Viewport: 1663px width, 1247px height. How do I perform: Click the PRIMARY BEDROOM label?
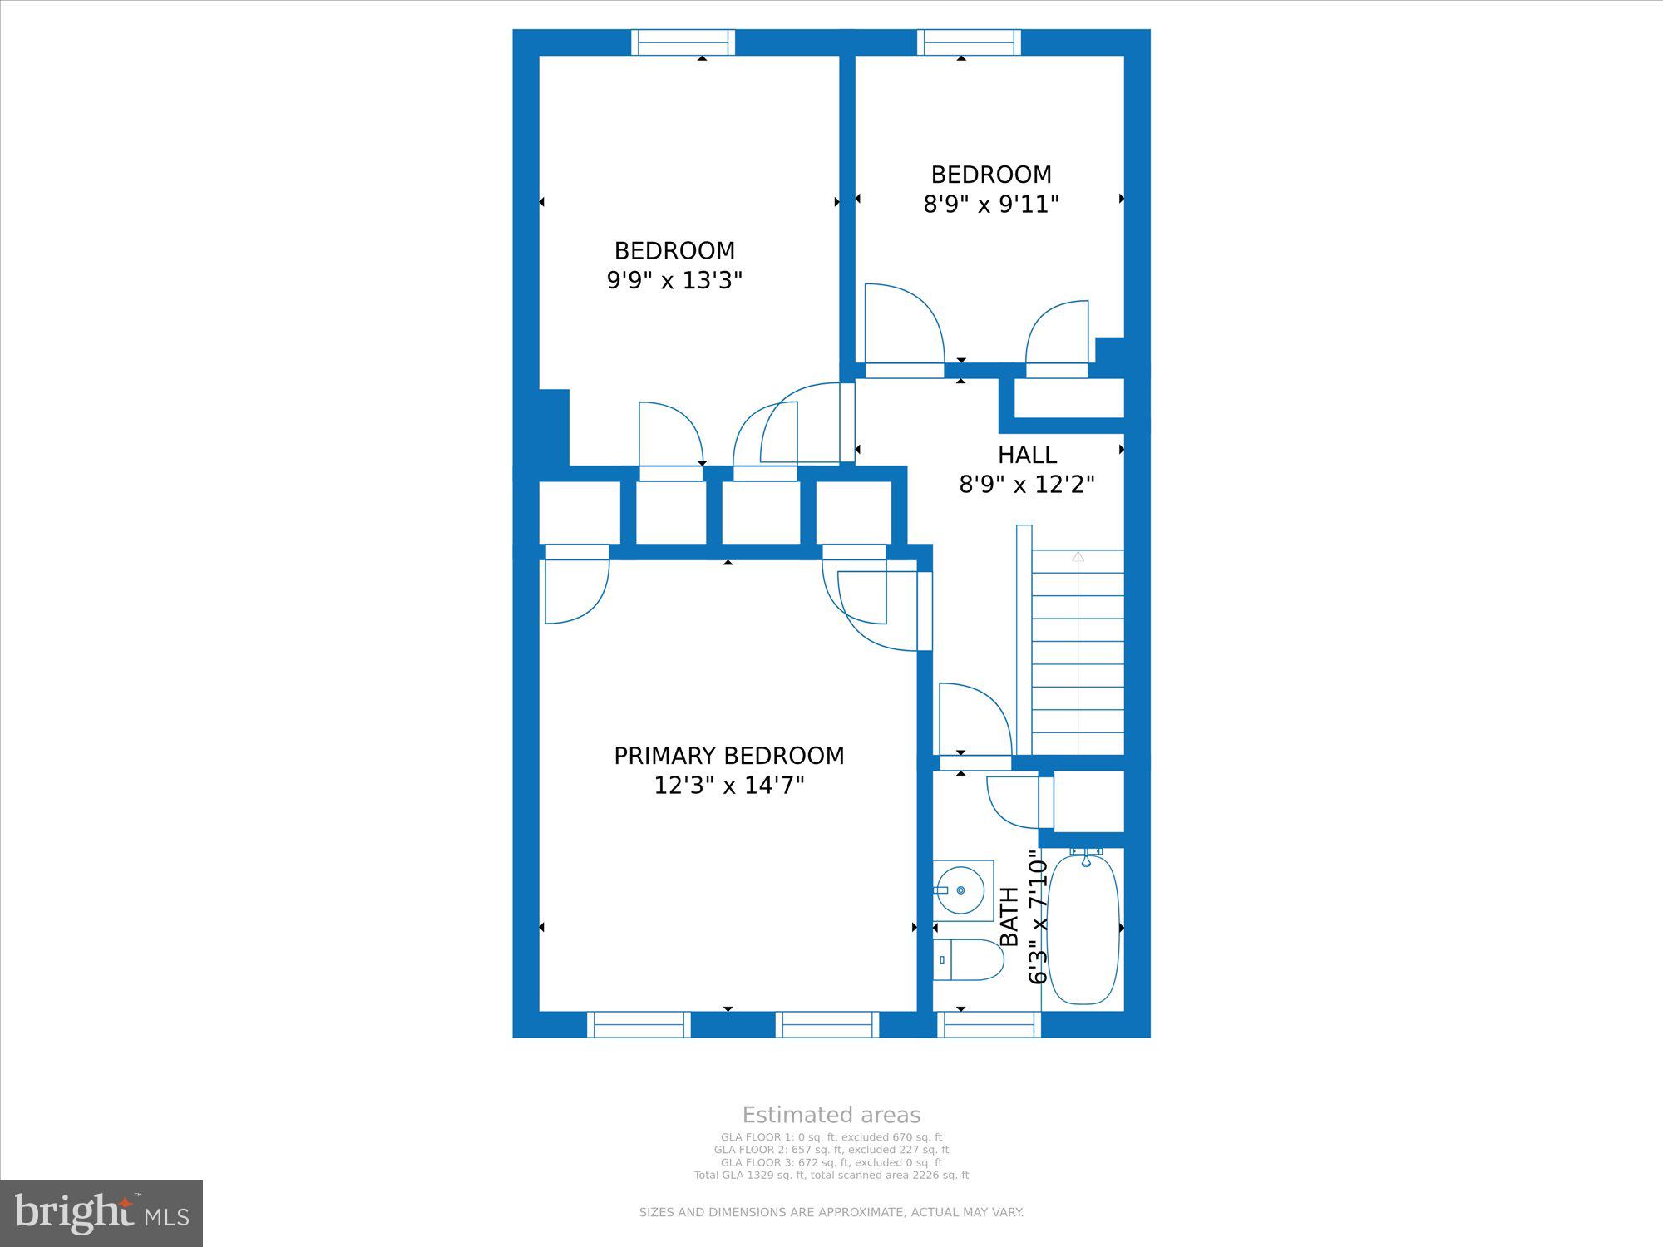coord(729,756)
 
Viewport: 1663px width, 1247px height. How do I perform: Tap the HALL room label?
coord(1027,455)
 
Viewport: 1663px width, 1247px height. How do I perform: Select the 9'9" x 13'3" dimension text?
coord(674,280)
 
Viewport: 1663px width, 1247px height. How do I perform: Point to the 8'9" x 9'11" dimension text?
coord(991,204)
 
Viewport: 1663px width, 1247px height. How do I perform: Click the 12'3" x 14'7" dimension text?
coord(729,786)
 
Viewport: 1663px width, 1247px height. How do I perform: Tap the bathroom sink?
coord(963,890)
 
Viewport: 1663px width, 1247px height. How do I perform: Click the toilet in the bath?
coord(968,960)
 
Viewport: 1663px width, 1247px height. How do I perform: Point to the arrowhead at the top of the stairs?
coord(1078,556)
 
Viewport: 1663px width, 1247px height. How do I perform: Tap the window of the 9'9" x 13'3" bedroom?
coord(683,42)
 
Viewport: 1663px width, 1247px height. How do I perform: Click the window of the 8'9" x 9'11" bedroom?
coord(969,42)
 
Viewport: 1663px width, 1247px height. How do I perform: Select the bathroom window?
coord(989,1024)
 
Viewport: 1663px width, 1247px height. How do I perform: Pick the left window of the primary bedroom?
coord(639,1024)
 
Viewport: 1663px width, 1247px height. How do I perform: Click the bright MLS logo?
coord(101,1213)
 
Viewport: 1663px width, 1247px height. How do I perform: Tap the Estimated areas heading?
coord(831,1115)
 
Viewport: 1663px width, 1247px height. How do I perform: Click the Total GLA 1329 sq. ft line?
coord(831,1176)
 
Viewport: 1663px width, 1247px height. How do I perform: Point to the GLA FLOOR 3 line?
coord(831,1162)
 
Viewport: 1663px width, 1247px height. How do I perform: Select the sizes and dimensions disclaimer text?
coord(831,1213)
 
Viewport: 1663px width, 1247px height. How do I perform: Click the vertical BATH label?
coord(1009,916)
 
